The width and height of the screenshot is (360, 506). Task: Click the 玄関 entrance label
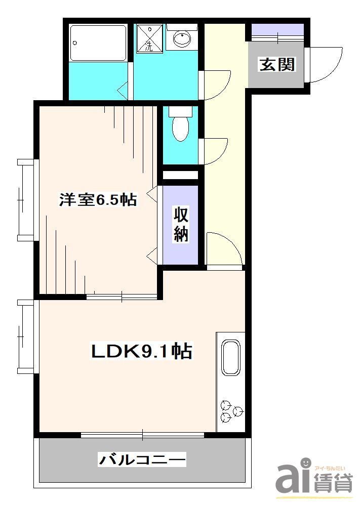(277, 64)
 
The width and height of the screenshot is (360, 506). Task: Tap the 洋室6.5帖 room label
(98, 200)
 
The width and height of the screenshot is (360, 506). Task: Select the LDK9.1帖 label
(141, 350)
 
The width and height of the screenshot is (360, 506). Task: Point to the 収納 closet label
(182, 224)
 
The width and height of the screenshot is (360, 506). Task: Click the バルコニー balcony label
(142, 460)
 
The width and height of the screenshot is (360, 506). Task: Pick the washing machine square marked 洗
(150, 38)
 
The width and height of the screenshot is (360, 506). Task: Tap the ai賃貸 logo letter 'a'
(287, 479)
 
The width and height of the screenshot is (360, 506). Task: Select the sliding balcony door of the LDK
(142, 434)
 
